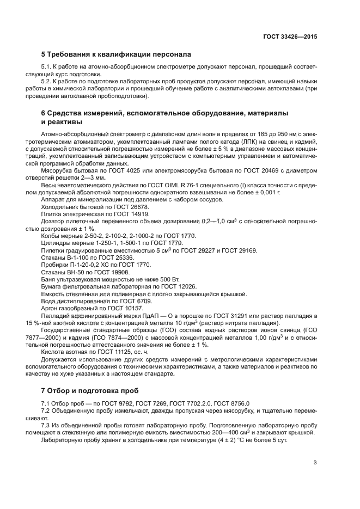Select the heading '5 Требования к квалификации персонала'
pos(116,54)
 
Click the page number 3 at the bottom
pos(315,463)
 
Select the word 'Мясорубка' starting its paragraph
pos(56,171)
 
